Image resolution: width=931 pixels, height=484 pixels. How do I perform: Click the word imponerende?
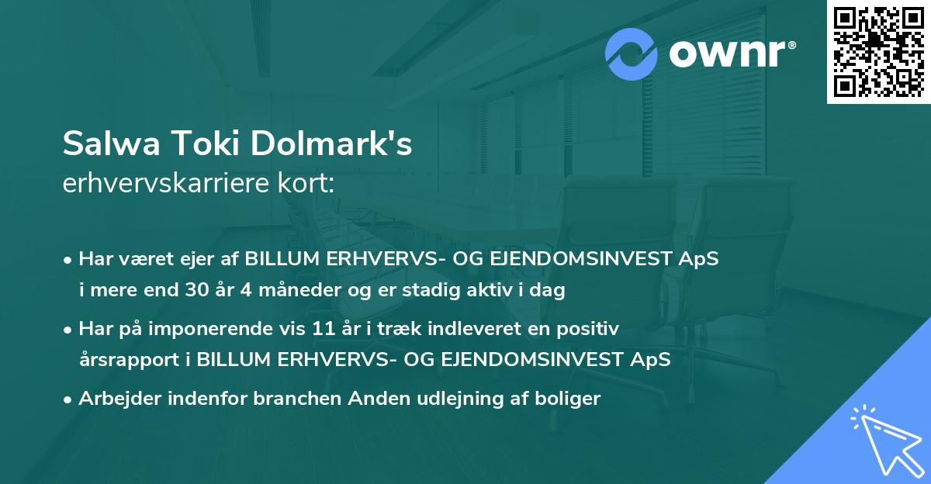(x=221, y=329)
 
